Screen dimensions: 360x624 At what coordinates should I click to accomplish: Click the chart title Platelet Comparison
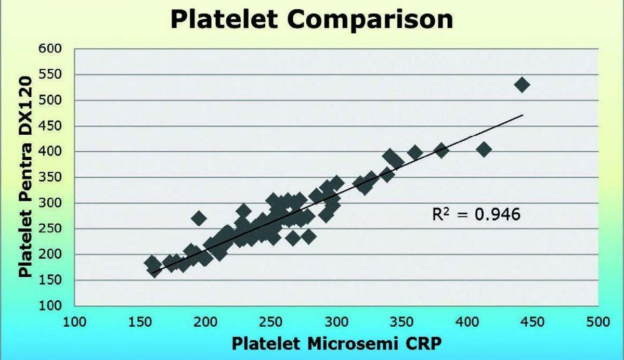(311, 20)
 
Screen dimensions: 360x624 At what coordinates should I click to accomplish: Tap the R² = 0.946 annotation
(476, 214)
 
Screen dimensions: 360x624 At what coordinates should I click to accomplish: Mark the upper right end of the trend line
(523, 115)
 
